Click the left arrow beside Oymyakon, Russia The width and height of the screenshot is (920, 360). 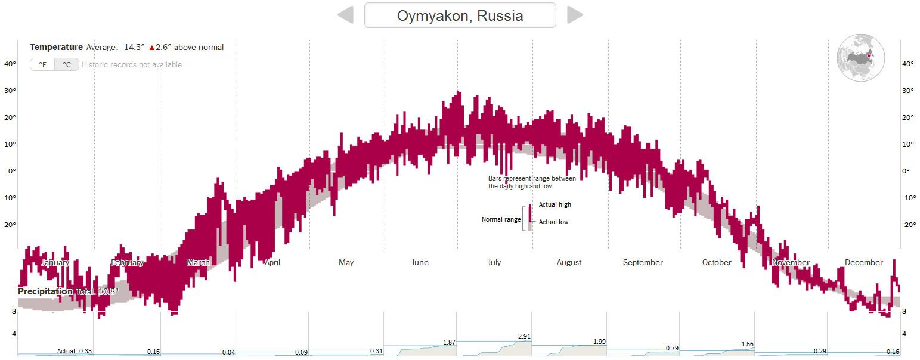(346, 15)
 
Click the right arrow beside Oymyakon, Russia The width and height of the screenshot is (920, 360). (574, 15)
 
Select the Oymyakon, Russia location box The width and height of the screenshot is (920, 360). (460, 15)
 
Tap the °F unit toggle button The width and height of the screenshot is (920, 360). (42, 64)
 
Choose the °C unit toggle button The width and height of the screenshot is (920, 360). (67, 64)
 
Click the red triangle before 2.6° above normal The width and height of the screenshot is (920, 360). (152, 48)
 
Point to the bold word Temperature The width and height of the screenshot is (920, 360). (56, 47)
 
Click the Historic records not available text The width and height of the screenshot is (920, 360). (132, 64)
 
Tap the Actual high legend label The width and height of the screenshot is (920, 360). (555, 204)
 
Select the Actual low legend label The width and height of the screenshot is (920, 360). (553, 222)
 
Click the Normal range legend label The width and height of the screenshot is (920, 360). (501, 219)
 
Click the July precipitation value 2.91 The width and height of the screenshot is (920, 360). (524, 337)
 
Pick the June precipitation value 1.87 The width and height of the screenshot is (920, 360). (450, 342)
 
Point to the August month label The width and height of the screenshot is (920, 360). (569, 262)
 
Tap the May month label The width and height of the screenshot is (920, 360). (346, 262)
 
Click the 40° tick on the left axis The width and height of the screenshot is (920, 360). (10, 64)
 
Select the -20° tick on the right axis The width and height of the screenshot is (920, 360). (907, 225)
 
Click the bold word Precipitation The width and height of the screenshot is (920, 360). (45, 291)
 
